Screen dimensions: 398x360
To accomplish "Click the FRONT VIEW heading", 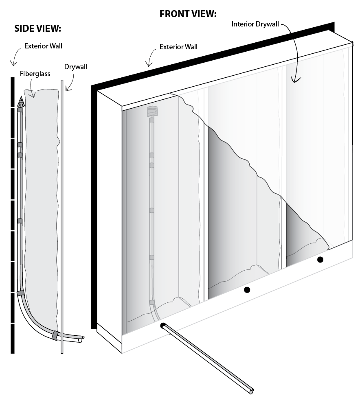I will pos(187,14).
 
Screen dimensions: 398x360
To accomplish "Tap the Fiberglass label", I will pos(35,74).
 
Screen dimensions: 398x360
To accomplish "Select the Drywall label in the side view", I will pos(76,67).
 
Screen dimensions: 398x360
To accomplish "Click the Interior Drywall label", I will pos(255,24).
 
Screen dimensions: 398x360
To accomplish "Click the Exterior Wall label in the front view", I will pos(178,47).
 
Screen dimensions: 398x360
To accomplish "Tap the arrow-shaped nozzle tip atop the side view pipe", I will pos(20,101).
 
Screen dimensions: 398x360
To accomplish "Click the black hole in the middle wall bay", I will pos(247,290).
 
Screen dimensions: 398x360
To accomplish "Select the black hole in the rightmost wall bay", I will pos(320,259).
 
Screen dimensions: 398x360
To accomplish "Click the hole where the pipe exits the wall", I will pos(163,325).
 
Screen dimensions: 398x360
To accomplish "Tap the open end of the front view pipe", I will pos(252,391).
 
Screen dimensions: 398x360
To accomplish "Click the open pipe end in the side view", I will pos(83,337).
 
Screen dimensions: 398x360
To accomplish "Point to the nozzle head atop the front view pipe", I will pos(151,111).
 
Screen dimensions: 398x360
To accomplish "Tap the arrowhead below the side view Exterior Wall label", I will pos(13,63).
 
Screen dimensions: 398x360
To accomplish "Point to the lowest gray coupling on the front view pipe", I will pos(152,302).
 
